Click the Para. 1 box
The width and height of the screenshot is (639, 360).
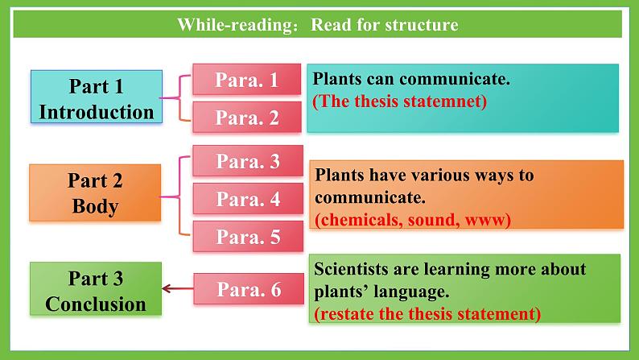click(x=246, y=79)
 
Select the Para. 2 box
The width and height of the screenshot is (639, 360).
click(x=246, y=117)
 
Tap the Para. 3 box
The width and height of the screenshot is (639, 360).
click(x=248, y=160)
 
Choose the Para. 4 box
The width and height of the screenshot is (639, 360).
click(x=248, y=199)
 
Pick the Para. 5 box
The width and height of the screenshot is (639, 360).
click(x=248, y=237)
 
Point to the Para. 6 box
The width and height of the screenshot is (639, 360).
click(x=249, y=288)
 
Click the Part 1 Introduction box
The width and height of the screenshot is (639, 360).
click(x=97, y=97)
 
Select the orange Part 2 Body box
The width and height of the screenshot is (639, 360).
click(x=95, y=192)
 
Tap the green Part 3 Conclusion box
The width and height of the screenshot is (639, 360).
click(x=96, y=288)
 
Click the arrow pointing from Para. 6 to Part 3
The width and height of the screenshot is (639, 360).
click(x=178, y=288)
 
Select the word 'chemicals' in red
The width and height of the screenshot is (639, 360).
click(x=361, y=220)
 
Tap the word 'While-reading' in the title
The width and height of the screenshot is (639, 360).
click(x=235, y=24)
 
